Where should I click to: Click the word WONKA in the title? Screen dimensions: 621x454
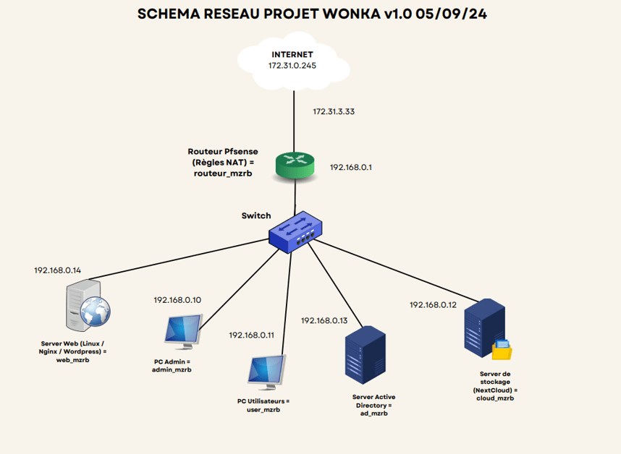pyautogui.click(x=351, y=14)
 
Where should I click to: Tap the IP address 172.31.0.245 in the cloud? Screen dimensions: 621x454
pyautogui.click(x=292, y=66)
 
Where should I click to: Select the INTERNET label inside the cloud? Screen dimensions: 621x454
pyautogui.click(x=292, y=54)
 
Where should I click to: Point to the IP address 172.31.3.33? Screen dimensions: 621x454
pyautogui.click(x=334, y=111)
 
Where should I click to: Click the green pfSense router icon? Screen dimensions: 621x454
pyautogui.click(x=295, y=166)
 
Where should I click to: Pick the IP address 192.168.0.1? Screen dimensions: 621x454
pyautogui.click(x=351, y=167)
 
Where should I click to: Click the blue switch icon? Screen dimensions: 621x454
pyautogui.click(x=295, y=232)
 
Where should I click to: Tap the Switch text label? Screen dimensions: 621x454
pyautogui.click(x=256, y=215)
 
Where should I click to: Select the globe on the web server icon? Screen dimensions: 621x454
pyautogui.click(x=95, y=312)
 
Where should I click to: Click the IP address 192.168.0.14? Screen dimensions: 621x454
pyautogui.click(x=57, y=270)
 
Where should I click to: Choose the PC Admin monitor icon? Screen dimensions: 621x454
pyautogui.click(x=184, y=331)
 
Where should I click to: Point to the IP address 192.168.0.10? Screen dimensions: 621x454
pyautogui.click(x=177, y=300)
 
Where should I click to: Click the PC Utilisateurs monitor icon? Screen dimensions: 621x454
pyautogui.click(x=267, y=372)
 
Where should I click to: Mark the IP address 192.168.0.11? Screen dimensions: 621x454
pyautogui.click(x=251, y=335)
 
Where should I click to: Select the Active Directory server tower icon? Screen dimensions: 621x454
pyautogui.click(x=366, y=355)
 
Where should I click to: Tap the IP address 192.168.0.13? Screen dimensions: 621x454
pyautogui.click(x=324, y=321)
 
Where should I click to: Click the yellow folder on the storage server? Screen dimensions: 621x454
pyautogui.click(x=502, y=350)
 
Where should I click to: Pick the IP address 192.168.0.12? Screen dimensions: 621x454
pyautogui.click(x=433, y=305)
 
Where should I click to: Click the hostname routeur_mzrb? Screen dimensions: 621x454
pyautogui.click(x=223, y=174)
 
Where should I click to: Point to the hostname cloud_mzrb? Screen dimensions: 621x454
pyautogui.click(x=495, y=398)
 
